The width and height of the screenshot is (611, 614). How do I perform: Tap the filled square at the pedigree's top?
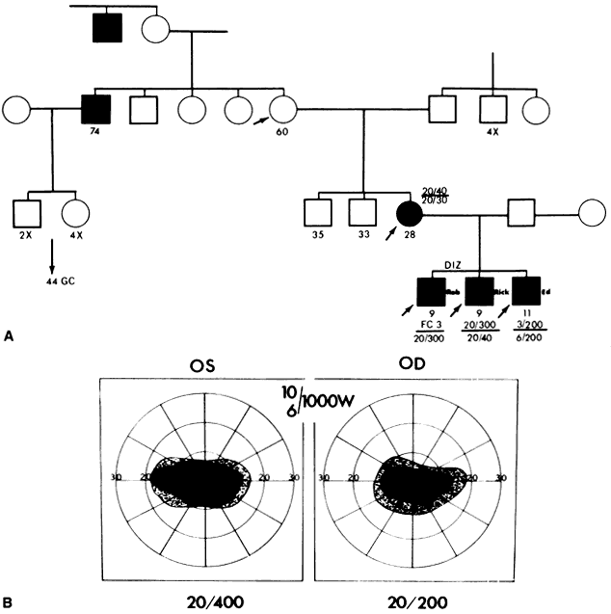105,26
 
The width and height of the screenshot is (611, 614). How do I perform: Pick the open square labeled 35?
314,210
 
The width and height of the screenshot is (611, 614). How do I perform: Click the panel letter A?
9,334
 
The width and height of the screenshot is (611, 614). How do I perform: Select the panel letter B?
9,602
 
